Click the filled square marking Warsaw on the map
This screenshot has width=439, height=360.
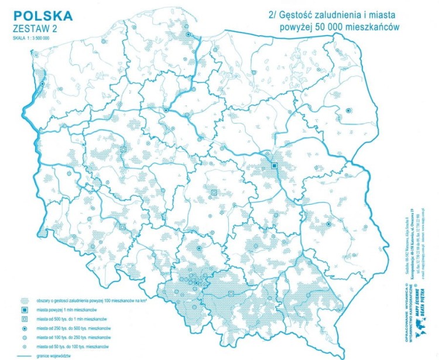click(273, 166)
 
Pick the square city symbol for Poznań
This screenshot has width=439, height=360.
click(124, 150)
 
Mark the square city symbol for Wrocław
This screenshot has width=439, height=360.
click(122, 227)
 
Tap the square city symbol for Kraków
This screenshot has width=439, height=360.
click(232, 293)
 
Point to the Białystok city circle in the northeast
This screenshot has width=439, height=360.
click(348, 110)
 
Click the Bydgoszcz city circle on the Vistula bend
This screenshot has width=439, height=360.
click(167, 110)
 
